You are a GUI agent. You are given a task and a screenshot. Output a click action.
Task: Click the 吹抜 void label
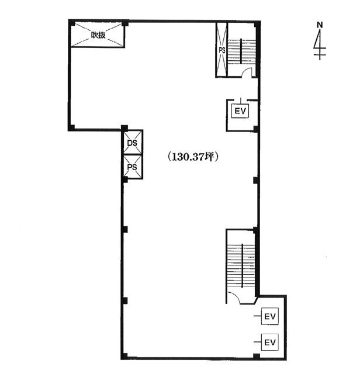coord(98,35)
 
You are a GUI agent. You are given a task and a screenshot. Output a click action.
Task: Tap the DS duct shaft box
coord(133,143)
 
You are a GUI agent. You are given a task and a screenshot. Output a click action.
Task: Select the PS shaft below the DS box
coord(133,167)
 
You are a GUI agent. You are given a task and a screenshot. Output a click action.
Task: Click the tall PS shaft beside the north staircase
coord(222,50)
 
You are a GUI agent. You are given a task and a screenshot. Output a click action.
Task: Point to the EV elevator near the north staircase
coord(240,111)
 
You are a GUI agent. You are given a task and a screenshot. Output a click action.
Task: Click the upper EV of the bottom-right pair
coord(270,316)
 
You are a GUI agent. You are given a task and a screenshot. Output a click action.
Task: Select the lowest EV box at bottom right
coord(270,342)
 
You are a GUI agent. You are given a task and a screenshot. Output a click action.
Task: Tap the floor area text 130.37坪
coord(192,157)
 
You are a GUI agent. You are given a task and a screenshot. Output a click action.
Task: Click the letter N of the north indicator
coord(320,25)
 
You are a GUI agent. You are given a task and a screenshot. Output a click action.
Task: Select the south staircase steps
coord(241,265)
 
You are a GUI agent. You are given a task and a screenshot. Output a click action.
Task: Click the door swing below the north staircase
coord(247,71)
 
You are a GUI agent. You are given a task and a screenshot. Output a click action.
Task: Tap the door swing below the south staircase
coord(233,297)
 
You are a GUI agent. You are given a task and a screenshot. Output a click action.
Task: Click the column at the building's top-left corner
coord(72,23)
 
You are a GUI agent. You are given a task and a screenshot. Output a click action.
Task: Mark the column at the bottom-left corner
coord(124,356)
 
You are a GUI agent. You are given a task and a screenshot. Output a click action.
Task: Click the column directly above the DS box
coord(124,128)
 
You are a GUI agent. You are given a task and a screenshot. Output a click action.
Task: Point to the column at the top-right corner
coord(257,24)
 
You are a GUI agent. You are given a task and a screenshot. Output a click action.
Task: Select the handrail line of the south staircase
coord(243,265)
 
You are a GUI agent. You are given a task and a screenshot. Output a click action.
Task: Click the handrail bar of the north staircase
coord(241,51)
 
